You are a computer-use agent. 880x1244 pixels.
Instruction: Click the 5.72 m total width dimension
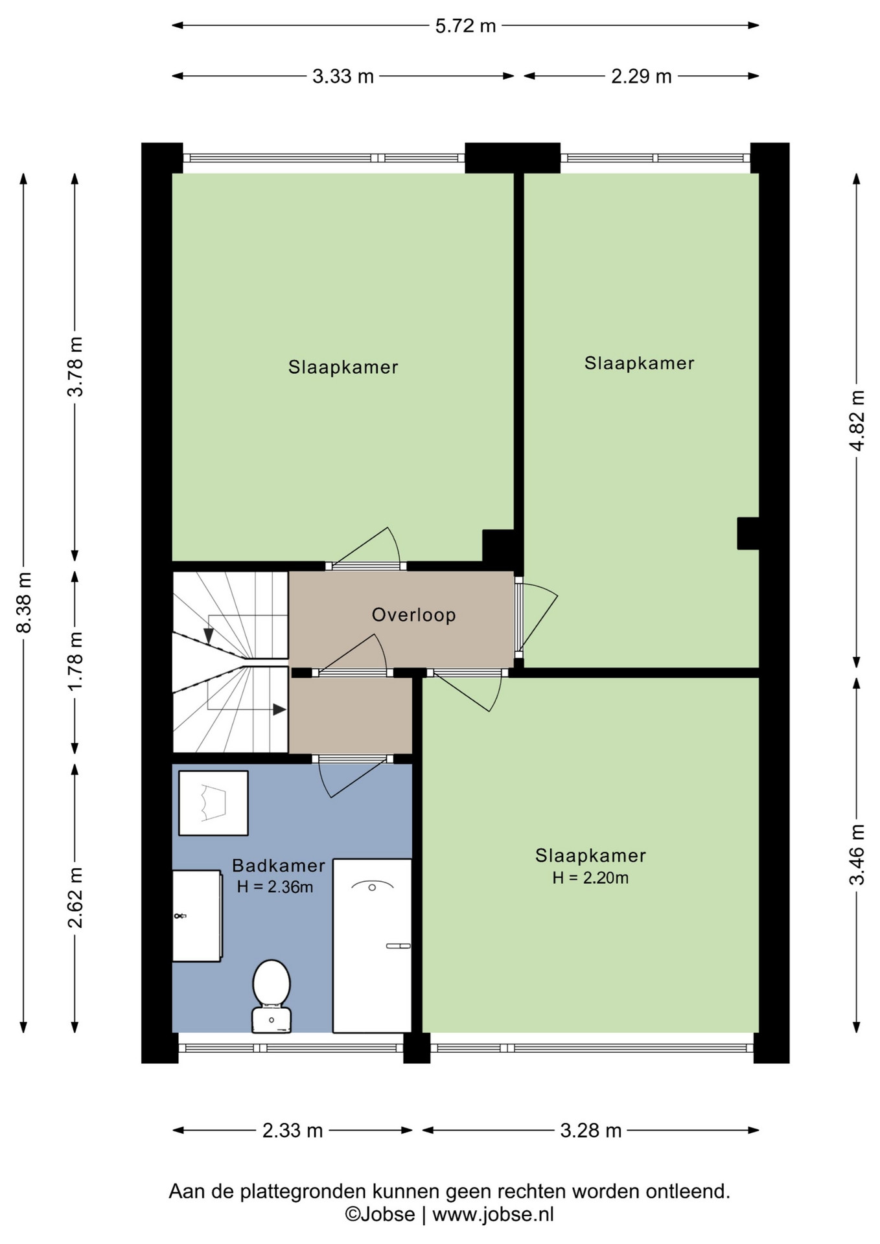point(465,26)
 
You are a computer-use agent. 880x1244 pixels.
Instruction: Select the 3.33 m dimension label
point(343,76)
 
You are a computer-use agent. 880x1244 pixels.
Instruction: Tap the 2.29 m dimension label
point(641,76)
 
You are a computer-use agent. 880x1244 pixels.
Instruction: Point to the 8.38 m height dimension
point(24,603)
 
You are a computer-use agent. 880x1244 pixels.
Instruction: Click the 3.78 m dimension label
point(75,367)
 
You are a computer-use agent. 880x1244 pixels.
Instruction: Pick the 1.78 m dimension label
point(75,661)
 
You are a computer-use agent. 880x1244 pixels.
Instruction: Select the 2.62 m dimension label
point(75,897)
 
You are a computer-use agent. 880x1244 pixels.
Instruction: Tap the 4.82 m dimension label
point(857,420)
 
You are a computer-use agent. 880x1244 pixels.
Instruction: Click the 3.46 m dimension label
point(857,855)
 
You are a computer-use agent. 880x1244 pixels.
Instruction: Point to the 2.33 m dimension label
point(292,1131)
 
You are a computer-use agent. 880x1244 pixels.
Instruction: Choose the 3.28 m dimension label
point(590,1131)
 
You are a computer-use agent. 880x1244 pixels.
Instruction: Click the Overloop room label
point(413,615)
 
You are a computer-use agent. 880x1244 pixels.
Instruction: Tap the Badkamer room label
point(279,866)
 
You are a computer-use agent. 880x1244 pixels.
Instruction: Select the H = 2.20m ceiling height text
point(590,878)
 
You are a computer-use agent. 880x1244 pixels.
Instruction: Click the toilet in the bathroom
point(271,996)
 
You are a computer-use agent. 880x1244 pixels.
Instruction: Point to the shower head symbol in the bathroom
point(372,886)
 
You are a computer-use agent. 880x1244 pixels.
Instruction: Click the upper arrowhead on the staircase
point(209,636)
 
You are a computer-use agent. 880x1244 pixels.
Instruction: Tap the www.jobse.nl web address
point(493,1214)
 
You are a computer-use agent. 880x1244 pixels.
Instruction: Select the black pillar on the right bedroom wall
point(748,533)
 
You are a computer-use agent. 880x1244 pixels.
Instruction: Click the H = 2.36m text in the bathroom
point(275,887)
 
